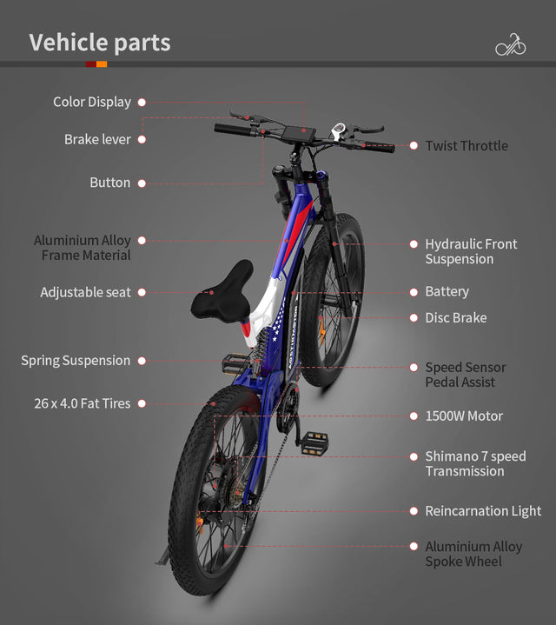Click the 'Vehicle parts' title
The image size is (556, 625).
click(100, 43)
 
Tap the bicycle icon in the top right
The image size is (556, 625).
click(510, 44)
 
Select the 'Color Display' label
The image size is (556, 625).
click(91, 103)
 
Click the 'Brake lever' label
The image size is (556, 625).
click(97, 140)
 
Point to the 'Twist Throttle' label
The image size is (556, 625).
click(467, 146)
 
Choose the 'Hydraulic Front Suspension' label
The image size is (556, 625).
click(470, 252)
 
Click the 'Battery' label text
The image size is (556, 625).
click(447, 292)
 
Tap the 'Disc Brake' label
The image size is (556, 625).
click(455, 318)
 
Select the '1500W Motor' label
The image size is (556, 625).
click(463, 416)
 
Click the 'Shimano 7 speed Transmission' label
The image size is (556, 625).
click(474, 464)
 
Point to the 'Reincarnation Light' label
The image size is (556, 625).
click(482, 511)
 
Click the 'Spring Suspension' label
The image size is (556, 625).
click(76, 361)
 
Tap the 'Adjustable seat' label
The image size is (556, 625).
click(85, 293)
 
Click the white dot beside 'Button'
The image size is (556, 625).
click(142, 183)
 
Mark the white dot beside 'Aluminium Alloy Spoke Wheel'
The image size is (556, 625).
click(414, 547)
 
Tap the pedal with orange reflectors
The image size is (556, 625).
click(314, 442)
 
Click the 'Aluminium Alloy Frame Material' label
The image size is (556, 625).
click(83, 248)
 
